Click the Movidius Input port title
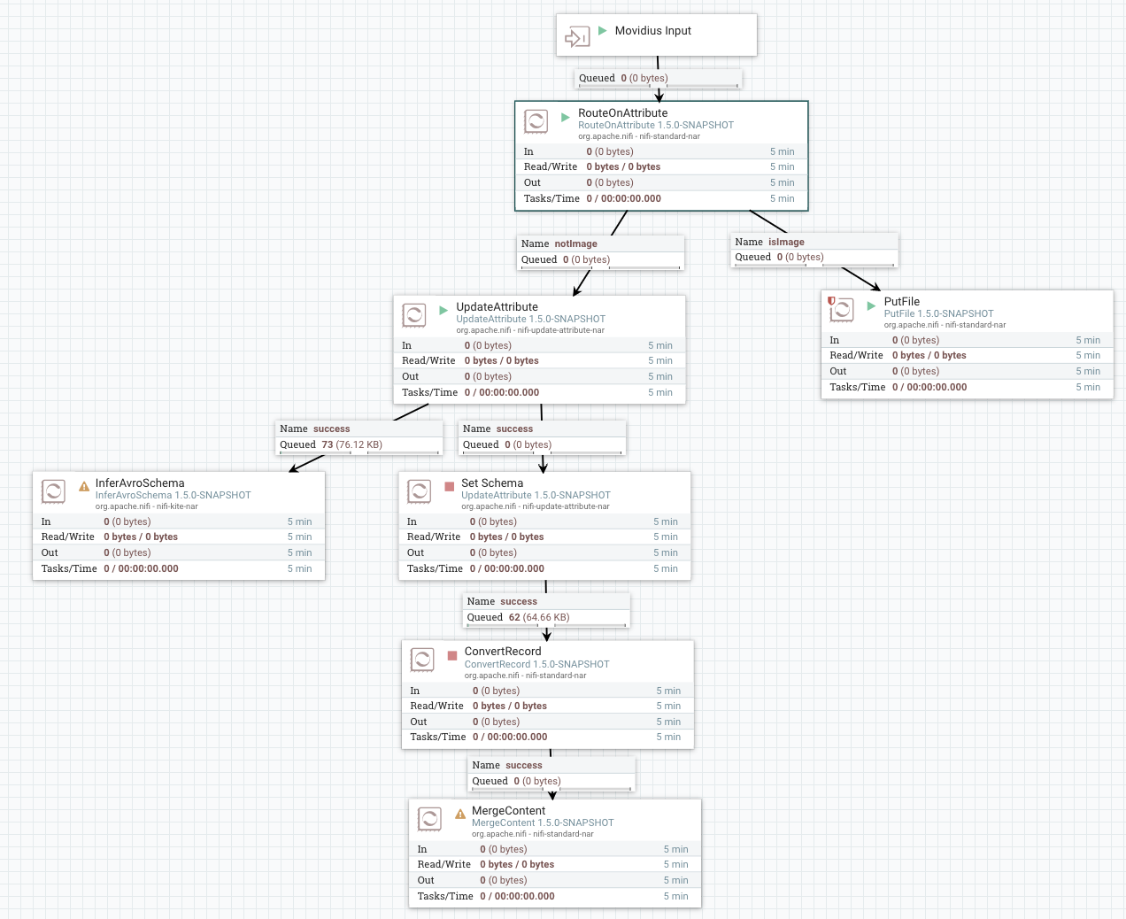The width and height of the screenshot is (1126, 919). point(652,31)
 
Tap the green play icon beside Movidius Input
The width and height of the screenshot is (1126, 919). point(603,31)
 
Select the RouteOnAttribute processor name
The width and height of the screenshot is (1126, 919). point(622,113)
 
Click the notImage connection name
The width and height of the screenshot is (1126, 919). point(575,243)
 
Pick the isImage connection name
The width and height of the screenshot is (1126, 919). point(786,242)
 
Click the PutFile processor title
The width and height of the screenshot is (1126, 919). point(901,302)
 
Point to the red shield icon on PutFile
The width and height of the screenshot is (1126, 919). point(831,301)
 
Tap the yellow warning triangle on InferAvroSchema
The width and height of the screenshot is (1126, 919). point(84,486)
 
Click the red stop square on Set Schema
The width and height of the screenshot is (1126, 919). point(449,486)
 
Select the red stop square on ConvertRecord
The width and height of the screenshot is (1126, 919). point(452,655)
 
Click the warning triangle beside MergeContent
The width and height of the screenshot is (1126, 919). point(460,814)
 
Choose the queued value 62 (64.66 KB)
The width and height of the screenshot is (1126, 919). point(538,617)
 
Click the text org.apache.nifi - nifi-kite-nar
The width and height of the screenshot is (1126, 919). point(146,506)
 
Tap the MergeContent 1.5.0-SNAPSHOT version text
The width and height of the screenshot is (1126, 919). point(542,822)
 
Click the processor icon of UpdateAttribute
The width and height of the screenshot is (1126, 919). point(414,315)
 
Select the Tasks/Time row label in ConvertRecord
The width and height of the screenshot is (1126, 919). point(437,737)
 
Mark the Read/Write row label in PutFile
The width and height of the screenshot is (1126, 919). point(856,355)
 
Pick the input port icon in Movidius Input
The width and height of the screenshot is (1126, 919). point(577,37)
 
